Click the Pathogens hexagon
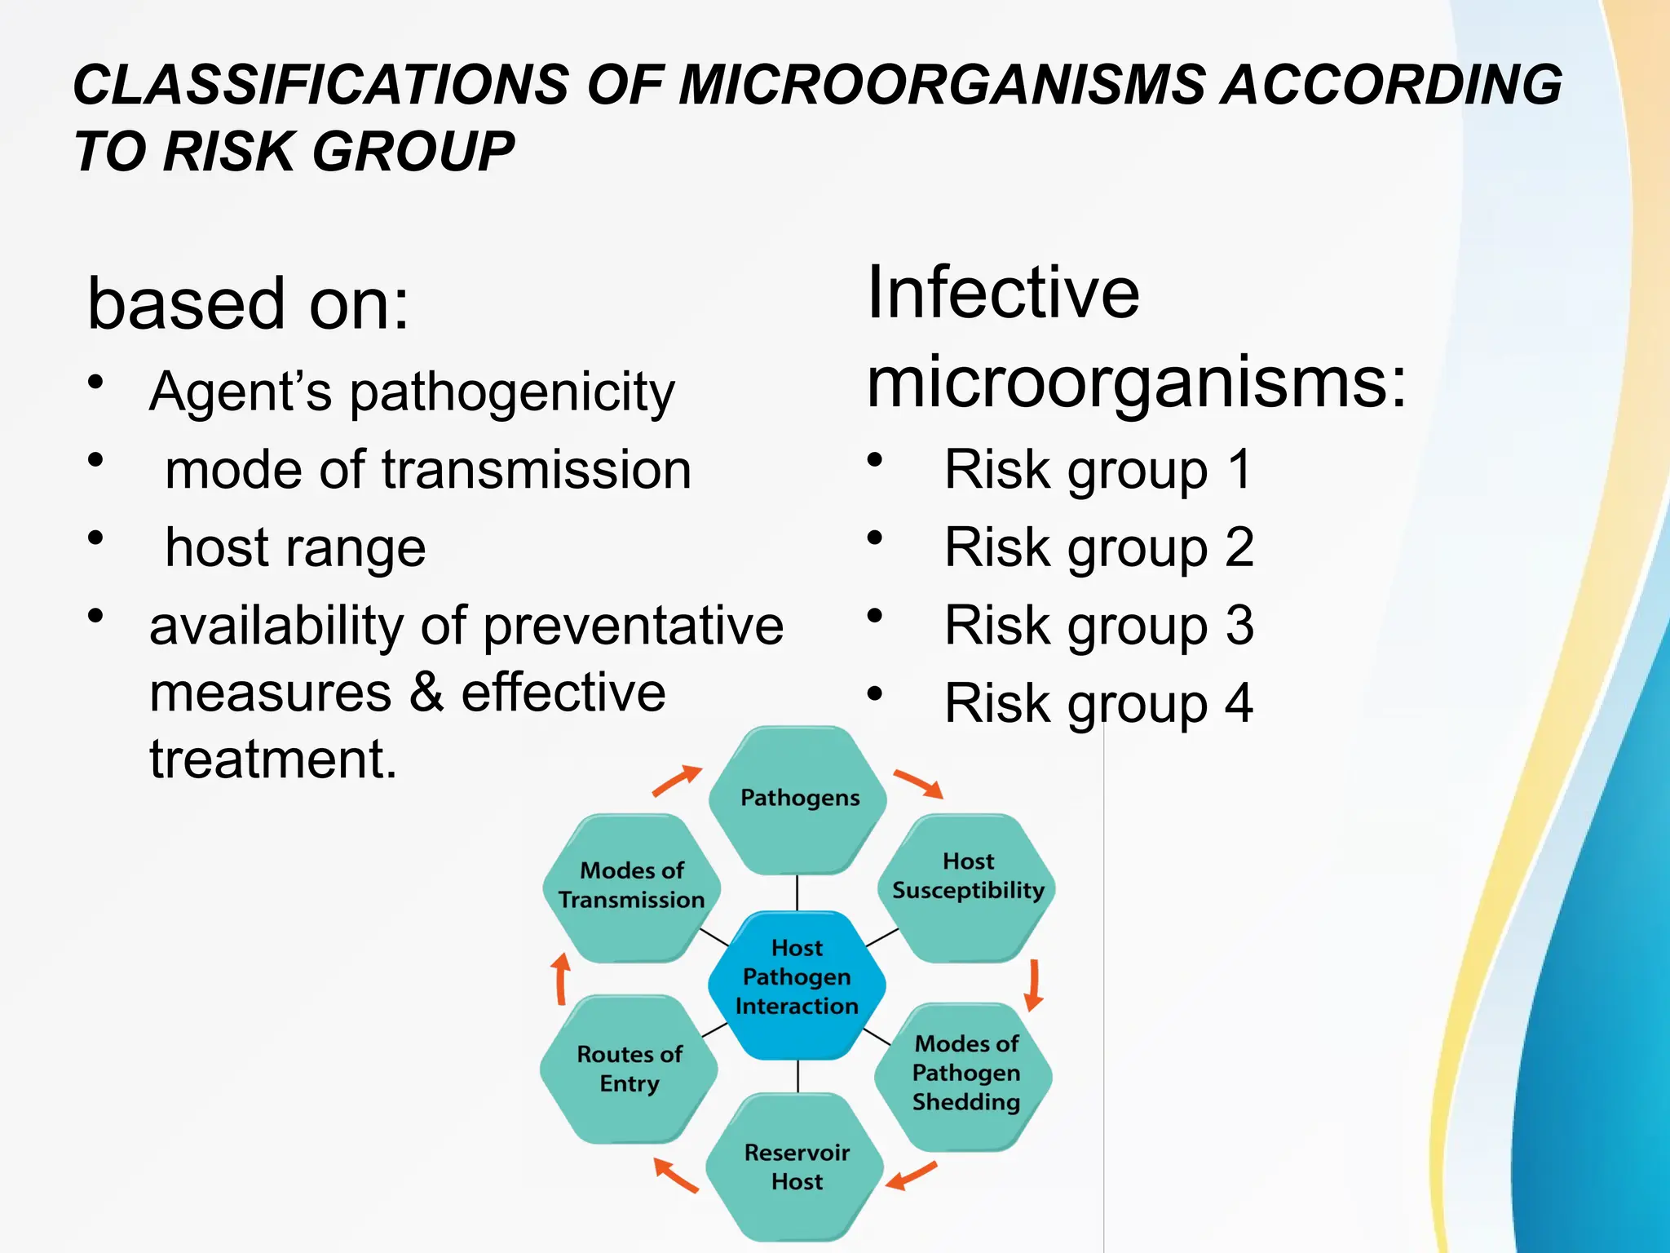pyautogui.click(x=797, y=799)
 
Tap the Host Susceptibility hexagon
pyautogui.click(x=967, y=886)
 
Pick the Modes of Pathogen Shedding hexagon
pyautogui.click(x=965, y=1074)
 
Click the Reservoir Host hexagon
pyautogui.click(x=796, y=1167)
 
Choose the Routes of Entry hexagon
pyautogui.click(x=629, y=1069)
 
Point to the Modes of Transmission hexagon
pyautogui.click(x=631, y=886)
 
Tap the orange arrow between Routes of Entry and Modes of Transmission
pyautogui.click(x=561, y=979)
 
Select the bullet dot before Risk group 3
pyautogui.click(x=875, y=616)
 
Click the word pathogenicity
pyautogui.click(x=512, y=393)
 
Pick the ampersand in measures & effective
pyautogui.click(x=426, y=693)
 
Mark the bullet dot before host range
pyautogui.click(x=96, y=538)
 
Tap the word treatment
pyautogui.click(x=272, y=759)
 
